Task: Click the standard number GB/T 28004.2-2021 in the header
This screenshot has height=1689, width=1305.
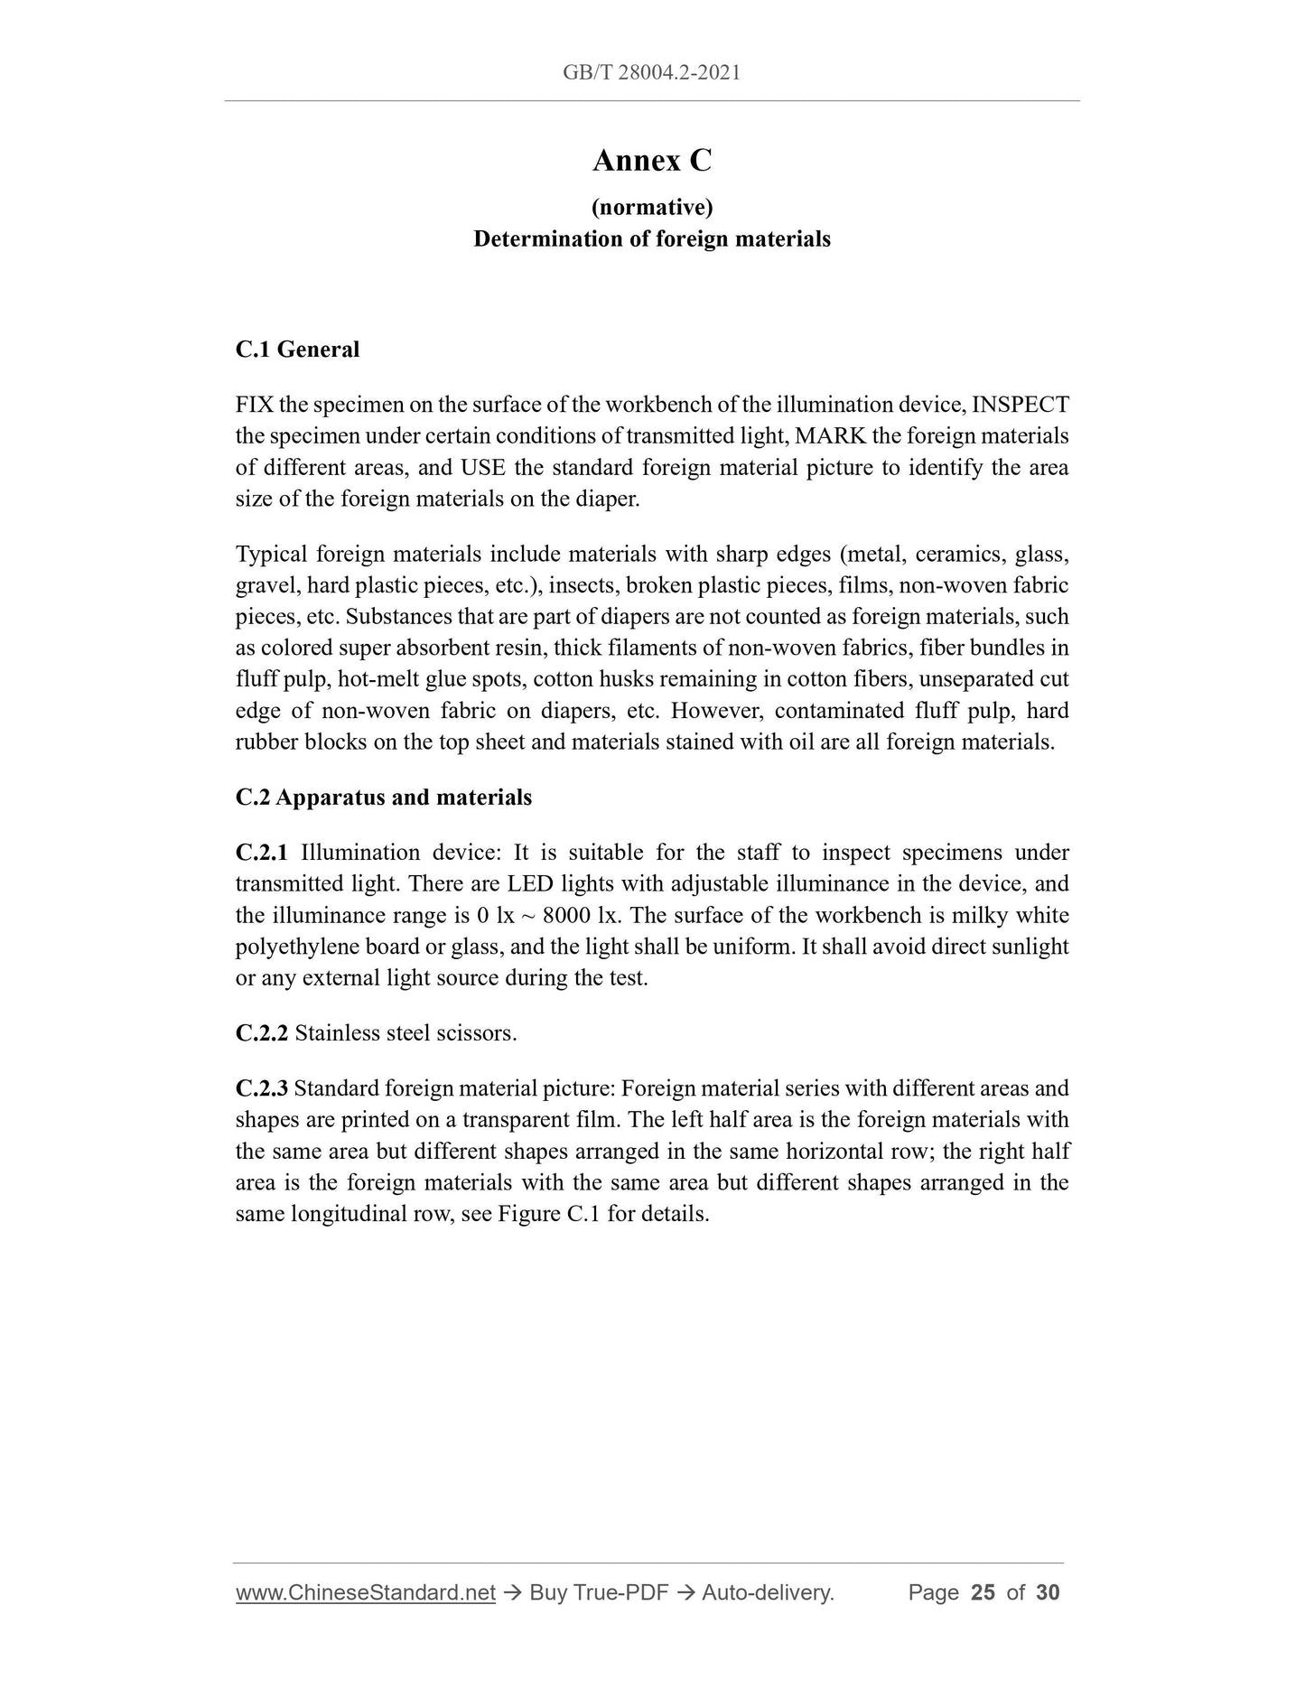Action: point(651,73)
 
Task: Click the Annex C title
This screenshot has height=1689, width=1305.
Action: point(652,161)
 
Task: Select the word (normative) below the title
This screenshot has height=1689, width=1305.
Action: point(652,208)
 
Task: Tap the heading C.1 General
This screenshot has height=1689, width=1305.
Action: point(297,350)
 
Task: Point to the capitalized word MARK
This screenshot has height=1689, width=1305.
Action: point(831,436)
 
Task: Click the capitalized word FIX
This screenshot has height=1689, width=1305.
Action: point(254,405)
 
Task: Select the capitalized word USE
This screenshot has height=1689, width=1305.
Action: point(482,468)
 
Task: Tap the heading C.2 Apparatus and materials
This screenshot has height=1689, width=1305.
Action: point(384,798)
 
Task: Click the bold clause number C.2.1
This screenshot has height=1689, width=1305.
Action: point(261,853)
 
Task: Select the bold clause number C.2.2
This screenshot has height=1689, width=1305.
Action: point(261,1033)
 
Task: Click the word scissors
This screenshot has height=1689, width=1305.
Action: point(476,1033)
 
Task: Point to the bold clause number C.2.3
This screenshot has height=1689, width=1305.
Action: point(261,1088)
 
